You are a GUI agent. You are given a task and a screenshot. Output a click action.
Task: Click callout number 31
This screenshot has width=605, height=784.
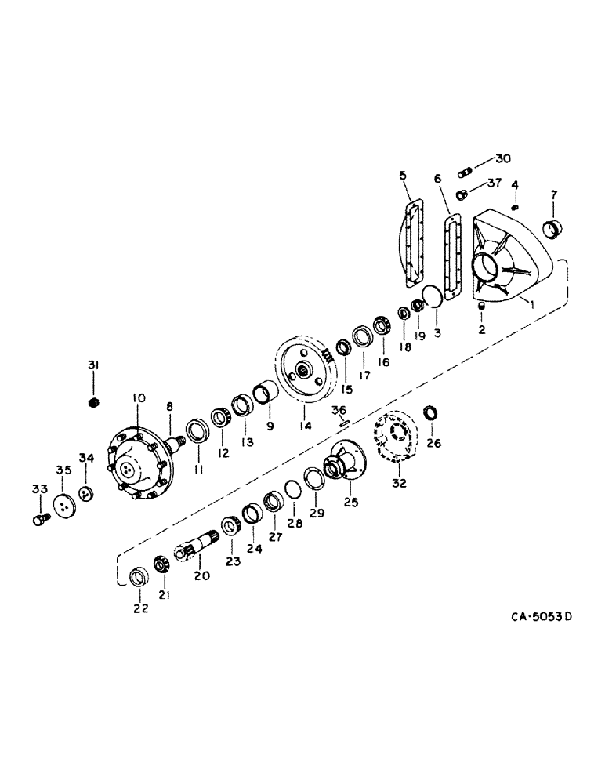click(93, 366)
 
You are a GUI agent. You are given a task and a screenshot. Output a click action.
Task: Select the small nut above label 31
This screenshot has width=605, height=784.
click(93, 402)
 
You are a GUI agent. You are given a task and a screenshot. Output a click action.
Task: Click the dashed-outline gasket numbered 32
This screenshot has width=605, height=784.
click(399, 444)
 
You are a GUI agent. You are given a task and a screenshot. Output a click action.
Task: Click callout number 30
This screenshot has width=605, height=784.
click(502, 158)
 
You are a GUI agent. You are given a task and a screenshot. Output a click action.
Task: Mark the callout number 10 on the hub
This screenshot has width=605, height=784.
click(139, 399)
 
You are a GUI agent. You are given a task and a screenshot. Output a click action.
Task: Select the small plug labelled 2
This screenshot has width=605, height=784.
click(481, 306)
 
